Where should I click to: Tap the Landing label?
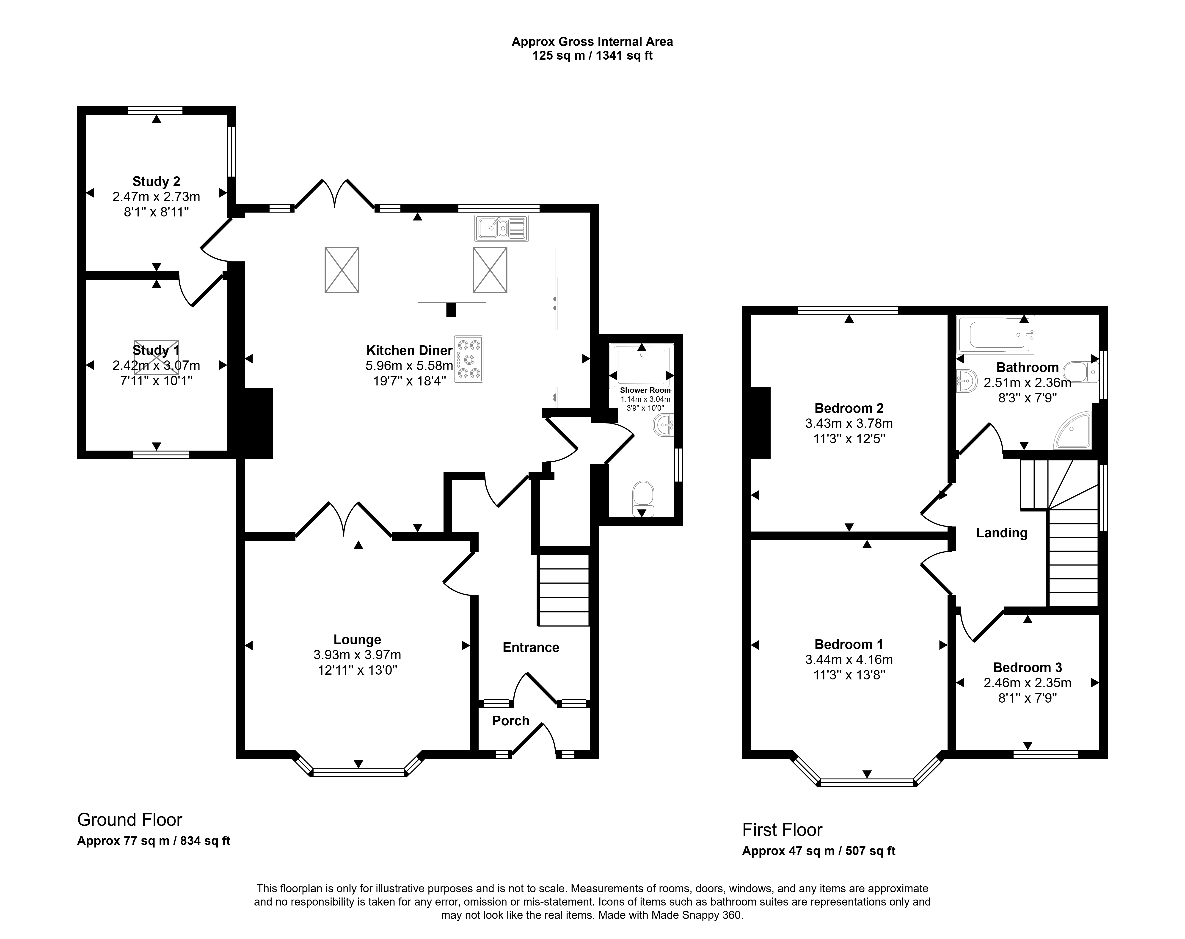click(1001, 533)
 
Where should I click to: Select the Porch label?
click(510, 721)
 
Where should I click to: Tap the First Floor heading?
click(782, 830)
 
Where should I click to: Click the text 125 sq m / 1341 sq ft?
click(592, 55)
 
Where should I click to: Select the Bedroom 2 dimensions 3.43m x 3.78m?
click(849, 423)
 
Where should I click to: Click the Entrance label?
click(531, 648)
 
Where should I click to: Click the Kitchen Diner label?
click(409, 350)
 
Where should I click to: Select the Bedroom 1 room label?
click(849, 644)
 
